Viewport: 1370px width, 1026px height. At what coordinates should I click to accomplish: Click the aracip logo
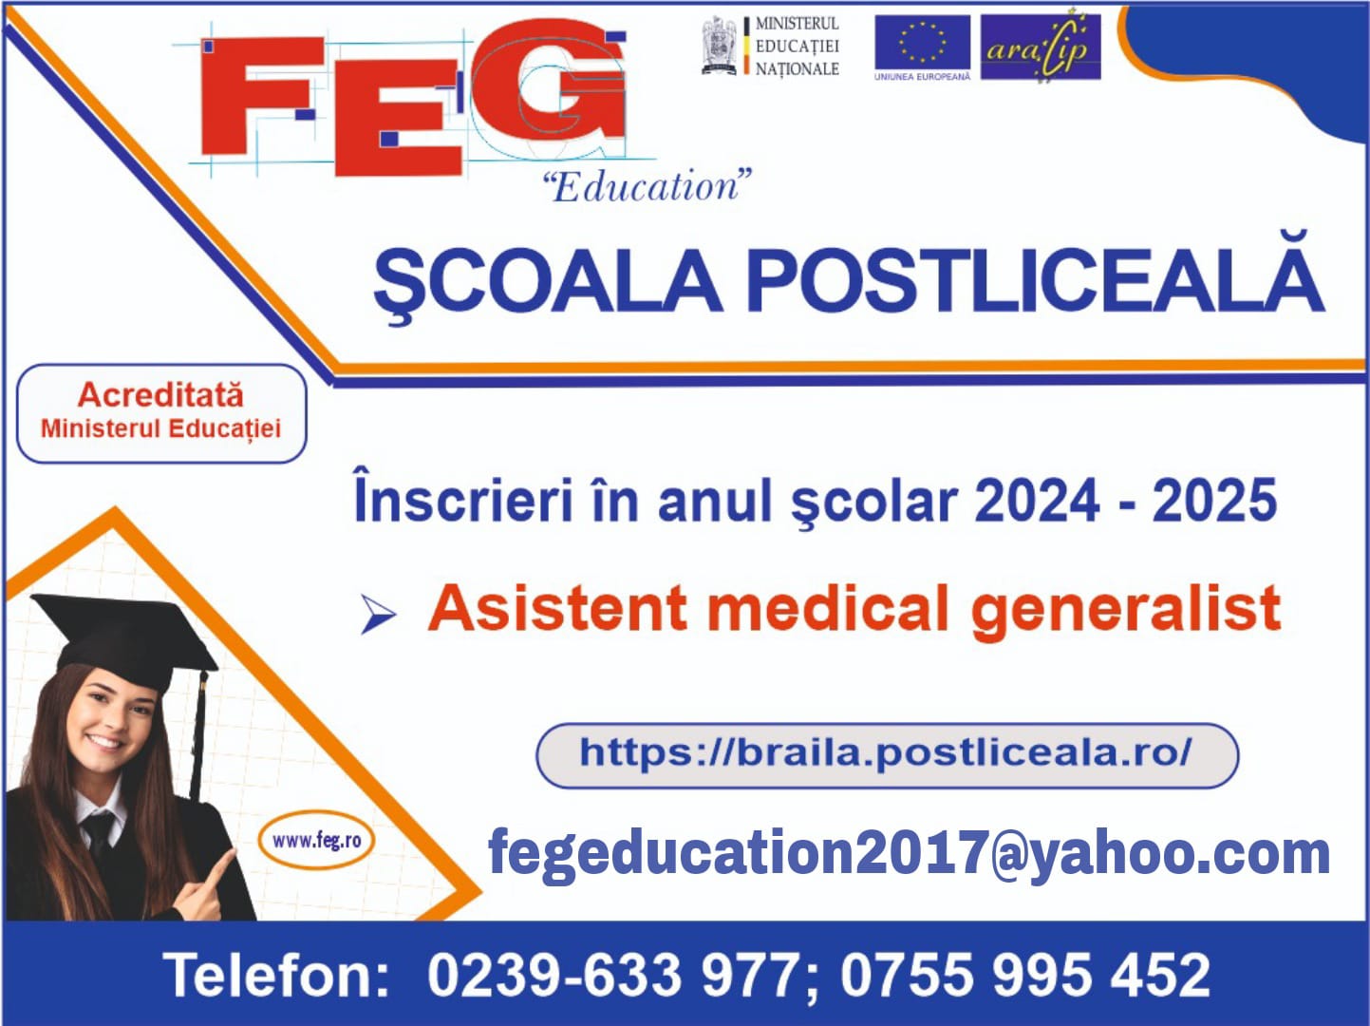[x=1041, y=47]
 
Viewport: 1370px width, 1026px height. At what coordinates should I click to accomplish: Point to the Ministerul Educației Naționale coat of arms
[x=720, y=46]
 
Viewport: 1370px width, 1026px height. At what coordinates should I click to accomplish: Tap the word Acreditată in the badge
[x=160, y=395]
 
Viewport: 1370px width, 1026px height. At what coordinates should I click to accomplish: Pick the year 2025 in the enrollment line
[x=1214, y=501]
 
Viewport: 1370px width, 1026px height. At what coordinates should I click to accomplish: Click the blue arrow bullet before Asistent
[x=378, y=615]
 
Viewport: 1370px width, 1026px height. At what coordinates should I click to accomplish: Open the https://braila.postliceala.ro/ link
[x=887, y=752]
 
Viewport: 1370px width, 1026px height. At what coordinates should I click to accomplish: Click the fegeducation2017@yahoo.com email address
[x=909, y=853]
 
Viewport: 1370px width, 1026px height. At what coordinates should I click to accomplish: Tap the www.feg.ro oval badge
[x=316, y=841]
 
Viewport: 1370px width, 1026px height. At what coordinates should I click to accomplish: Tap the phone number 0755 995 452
[x=1024, y=976]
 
